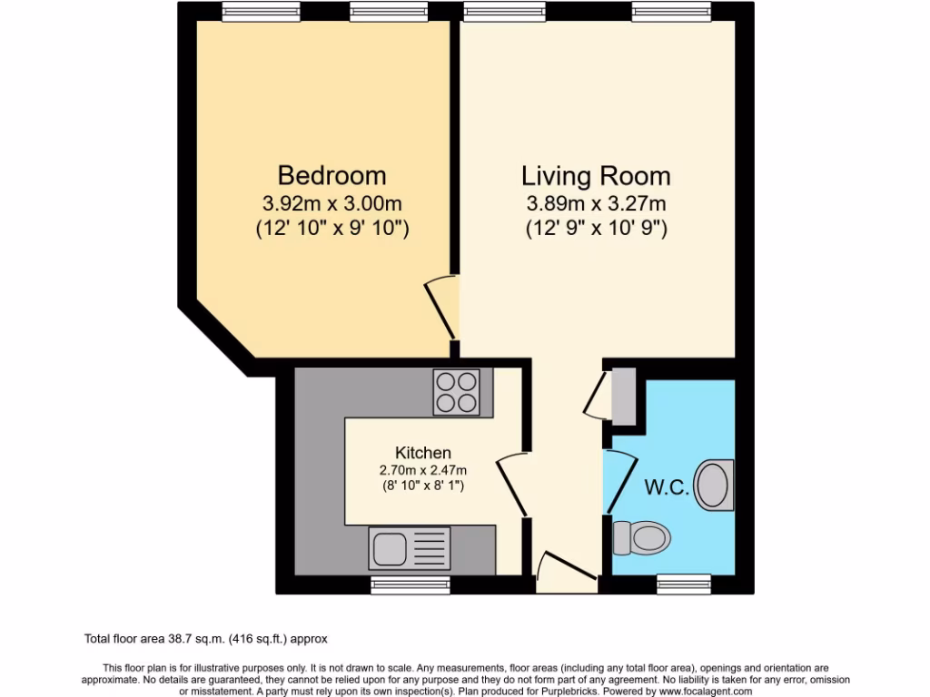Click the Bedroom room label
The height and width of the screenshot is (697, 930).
coord(331,174)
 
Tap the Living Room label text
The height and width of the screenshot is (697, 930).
coord(596,175)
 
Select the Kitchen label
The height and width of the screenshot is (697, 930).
coord(422,452)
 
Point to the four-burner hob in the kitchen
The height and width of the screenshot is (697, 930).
coord(457,392)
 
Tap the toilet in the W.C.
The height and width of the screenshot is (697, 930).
coord(641,538)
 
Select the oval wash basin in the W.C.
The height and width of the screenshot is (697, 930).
coord(714,485)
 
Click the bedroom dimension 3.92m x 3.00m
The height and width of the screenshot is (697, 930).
coord(331,204)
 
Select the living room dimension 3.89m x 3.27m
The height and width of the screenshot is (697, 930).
coord(597,204)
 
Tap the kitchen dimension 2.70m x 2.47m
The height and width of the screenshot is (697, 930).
coord(422,470)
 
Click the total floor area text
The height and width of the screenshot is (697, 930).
coord(212,639)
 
